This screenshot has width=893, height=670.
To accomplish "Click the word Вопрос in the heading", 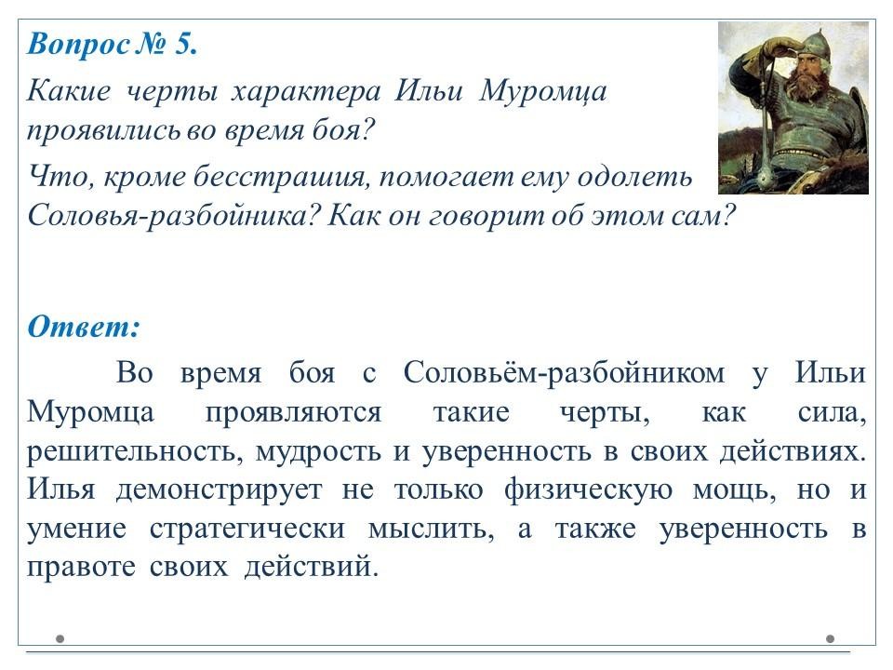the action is click(x=79, y=45).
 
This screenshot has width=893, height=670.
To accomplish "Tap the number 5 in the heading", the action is click(x=185, y=44).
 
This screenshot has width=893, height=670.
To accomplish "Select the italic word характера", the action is click(x=305, y=91).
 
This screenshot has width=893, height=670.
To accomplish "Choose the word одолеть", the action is click(x=635, y=176).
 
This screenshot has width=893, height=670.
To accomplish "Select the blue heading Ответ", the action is click(x=83, y=327).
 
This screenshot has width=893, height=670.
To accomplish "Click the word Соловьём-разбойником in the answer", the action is click(x=564, y=372).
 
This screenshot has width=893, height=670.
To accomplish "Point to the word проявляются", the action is click(x=293, y=412).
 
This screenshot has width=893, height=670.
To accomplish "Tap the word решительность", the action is click(x=131, y=451).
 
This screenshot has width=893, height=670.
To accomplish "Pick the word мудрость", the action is click(x=318, y=452).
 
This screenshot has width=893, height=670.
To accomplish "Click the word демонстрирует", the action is click(x=219, y=490).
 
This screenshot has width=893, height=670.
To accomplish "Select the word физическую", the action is click(x=588, y=490).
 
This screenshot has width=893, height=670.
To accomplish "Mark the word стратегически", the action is click(x=247, y=529).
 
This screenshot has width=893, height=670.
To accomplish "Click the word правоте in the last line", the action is click(x=81, y=568).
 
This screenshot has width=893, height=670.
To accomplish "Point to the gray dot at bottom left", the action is click(x=60, y=638).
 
